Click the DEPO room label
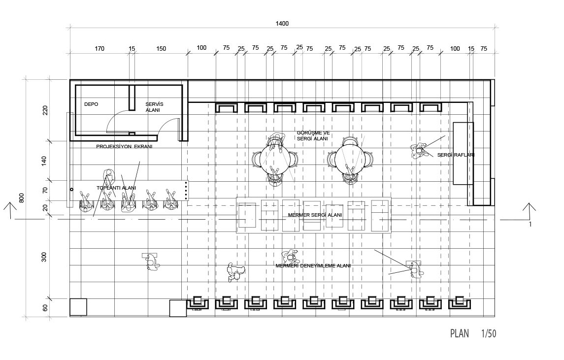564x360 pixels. (x=91, y=104)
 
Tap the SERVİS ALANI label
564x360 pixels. (x=154, y=107)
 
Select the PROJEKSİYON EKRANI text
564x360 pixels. (x=124, y=147)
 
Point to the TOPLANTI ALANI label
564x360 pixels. (x=116, y=188)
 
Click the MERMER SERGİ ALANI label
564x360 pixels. (x=315, y=215)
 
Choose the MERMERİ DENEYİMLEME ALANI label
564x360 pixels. (x=313, y=266)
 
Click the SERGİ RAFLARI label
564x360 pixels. (x=456, y=155)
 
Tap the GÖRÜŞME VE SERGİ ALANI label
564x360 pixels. (x=313, y=135)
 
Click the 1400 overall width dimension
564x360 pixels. (x=282, y=24)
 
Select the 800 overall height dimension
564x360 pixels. (x=22, y=198)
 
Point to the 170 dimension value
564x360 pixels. (x=100, y=49)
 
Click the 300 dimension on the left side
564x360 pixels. (x=44, y=257)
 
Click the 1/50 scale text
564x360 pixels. (x=489, y=334)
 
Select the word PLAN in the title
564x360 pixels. (x=460, y=334)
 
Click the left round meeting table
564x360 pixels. (x=275, y=159)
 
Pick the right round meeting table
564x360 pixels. (x=349, y=159)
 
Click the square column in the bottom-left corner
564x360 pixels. (x=78, y=307)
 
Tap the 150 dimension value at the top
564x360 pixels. (x=161, y=49)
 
